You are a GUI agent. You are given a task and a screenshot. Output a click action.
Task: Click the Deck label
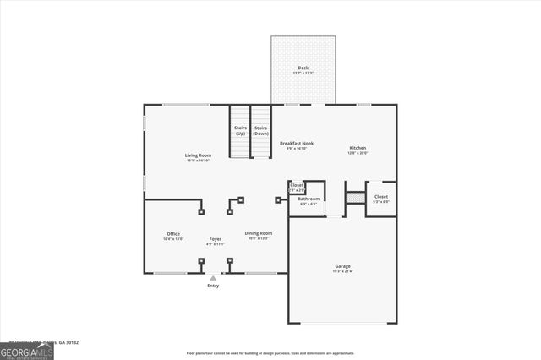(303, 68)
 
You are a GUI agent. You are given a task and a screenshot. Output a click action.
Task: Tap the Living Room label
(199, 155)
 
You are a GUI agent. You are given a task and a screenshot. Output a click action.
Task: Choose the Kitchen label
(358, 148)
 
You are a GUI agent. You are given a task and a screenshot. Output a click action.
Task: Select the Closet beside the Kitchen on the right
(381, 197)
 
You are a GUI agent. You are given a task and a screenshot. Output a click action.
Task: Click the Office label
(173, 234)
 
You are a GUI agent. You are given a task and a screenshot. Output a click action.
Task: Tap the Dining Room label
(259, 233)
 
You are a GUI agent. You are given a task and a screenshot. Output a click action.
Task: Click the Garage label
(342, 266)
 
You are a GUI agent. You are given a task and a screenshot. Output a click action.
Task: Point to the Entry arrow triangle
(213, 278)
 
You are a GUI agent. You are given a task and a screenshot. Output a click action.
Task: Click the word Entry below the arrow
(213, 286)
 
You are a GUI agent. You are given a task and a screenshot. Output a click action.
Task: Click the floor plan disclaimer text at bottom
(270, 353)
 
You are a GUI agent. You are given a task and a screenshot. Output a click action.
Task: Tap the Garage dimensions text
(342, 271)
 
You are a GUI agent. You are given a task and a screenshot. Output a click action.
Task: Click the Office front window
(171, 273)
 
